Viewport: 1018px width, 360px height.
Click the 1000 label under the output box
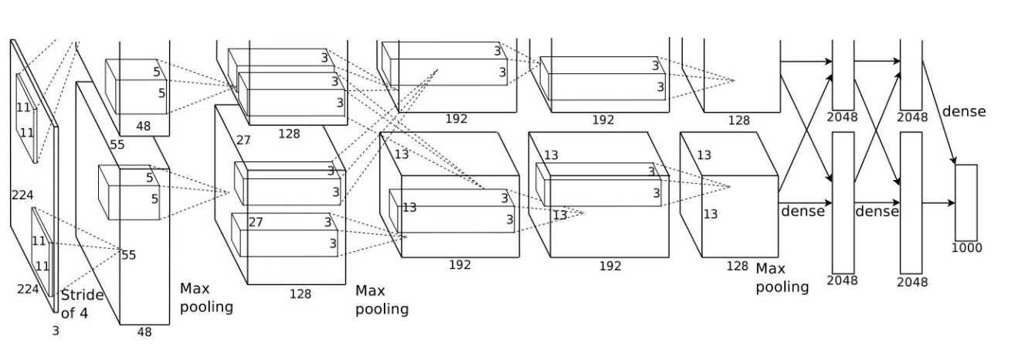pos(966,248)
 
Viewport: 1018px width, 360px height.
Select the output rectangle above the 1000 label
pos(965,202)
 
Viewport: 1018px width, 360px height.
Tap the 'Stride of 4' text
pos(82,304)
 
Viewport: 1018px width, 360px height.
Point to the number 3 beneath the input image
pos(55,331)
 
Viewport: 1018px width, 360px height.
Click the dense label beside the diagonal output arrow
pos(963,111)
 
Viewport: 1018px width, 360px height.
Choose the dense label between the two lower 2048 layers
pos(877,211)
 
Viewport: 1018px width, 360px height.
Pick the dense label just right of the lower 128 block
pos(803,211)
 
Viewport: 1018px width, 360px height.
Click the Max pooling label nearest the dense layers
pos(782,277)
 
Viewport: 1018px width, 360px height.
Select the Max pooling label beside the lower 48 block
pos(206,297)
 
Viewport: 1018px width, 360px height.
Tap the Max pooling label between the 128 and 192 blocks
pos(382,300)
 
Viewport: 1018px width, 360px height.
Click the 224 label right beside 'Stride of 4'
pos(29,288)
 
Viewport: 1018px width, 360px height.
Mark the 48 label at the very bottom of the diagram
pos(144,332)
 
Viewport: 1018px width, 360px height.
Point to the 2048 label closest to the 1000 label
pos(912,282)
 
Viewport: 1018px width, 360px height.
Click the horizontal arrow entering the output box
pos(938,203)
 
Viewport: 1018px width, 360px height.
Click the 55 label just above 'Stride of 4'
pos(128,255)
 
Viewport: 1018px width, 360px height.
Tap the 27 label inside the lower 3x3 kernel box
pos(256,222)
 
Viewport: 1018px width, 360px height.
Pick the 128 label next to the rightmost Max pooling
pos(737,266)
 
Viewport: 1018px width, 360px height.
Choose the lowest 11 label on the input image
pos(42,266)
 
